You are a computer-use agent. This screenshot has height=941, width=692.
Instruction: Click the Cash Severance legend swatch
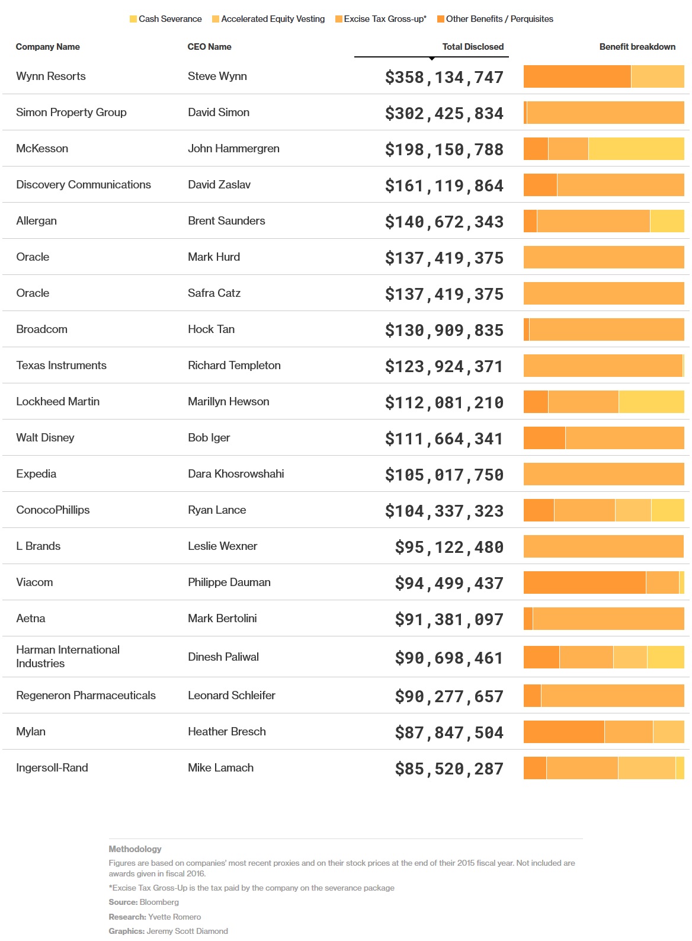[x=133, y=19]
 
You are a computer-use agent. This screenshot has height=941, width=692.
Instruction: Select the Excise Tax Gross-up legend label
[x=385, y=19]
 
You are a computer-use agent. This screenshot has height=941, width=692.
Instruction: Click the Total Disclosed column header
[x=472, y=47]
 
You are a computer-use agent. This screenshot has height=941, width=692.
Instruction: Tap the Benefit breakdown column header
[x=637, y=47]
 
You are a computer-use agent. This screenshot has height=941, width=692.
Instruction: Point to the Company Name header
[x=48, y=47]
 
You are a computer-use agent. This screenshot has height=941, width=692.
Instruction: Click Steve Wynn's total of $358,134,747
[x=444, y=77]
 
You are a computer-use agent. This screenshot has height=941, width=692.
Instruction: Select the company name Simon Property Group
[x=71, y=112]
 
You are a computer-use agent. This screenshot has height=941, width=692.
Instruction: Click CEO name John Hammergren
[x=233, y=148]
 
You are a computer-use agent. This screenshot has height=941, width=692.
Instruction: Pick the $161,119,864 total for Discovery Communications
[x=444, y=185]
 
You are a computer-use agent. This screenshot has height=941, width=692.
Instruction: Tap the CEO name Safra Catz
[x=214, y=293]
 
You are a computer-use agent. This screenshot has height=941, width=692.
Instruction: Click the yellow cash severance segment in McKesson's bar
[x=636, y=149]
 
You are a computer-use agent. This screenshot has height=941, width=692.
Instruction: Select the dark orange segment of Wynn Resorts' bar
[x=577, y=76]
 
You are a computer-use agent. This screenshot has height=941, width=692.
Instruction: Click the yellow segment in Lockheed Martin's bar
[x=651, y=402]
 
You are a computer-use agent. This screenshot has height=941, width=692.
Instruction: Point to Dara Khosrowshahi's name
[x=236, y=473]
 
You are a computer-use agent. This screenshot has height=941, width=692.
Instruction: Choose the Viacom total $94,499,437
[x=449, y=583]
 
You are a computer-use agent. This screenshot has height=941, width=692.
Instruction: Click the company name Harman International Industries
[x=68, y=656]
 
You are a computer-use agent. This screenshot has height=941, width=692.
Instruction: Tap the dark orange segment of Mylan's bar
[x=564, y=732]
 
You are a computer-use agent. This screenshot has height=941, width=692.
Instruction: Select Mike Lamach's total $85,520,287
[x=449, y=769]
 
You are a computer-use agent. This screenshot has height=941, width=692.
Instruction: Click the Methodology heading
[x=135, y=849]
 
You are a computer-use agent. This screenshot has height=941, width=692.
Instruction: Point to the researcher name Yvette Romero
[x=175, y=917]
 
